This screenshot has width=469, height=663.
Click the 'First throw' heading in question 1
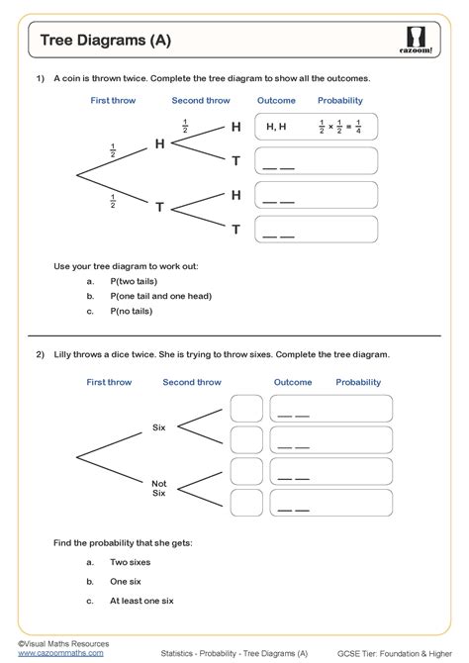(x=113, y=101)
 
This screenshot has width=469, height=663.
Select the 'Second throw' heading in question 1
(x=200, y=101)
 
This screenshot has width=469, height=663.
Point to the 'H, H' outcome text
(x=277, y=127)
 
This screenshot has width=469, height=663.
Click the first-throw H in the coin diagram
(x=159, y=144)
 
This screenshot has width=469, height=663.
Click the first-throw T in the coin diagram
(x=159, y=207)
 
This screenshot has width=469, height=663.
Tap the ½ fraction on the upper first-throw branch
(x=113, y=150)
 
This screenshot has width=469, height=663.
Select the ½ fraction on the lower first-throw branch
(x=113, y=201)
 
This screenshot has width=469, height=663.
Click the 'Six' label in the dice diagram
(x=158, y=426)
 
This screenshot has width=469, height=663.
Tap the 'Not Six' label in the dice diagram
(x=158, y=488)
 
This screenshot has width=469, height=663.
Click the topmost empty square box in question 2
(x=246, y=409)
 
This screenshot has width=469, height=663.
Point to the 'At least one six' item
(x=141, y=600)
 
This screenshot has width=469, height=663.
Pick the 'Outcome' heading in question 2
(x=293, y=382)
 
